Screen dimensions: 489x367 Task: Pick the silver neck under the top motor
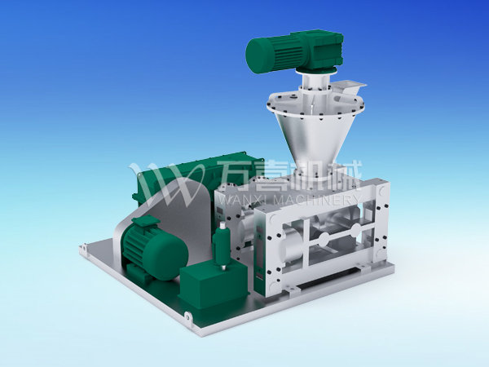pyautogui.click(x=315, y=82)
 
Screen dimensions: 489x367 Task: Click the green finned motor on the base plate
pyautogui.click(x=153, y=248)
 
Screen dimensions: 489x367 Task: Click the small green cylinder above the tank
pyautogui.click(x=221, y=244)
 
